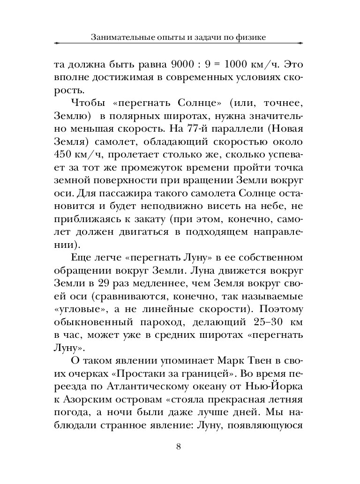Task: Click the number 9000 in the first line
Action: (171, 64)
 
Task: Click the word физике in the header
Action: (250, 37)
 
